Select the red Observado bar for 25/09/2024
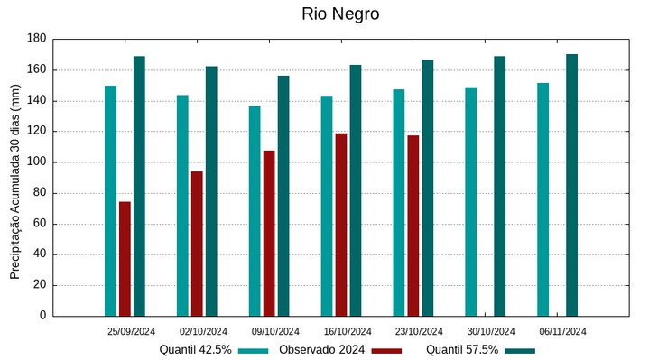125,259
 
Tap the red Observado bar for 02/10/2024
197,244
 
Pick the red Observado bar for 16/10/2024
341,225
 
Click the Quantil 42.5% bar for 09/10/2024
255,211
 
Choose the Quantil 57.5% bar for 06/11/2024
571,185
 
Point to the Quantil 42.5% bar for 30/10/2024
470,201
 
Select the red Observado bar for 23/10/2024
413,226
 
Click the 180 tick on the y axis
37,39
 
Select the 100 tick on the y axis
37,162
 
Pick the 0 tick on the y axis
42,316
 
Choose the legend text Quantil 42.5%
196,350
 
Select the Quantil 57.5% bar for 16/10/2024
356,190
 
